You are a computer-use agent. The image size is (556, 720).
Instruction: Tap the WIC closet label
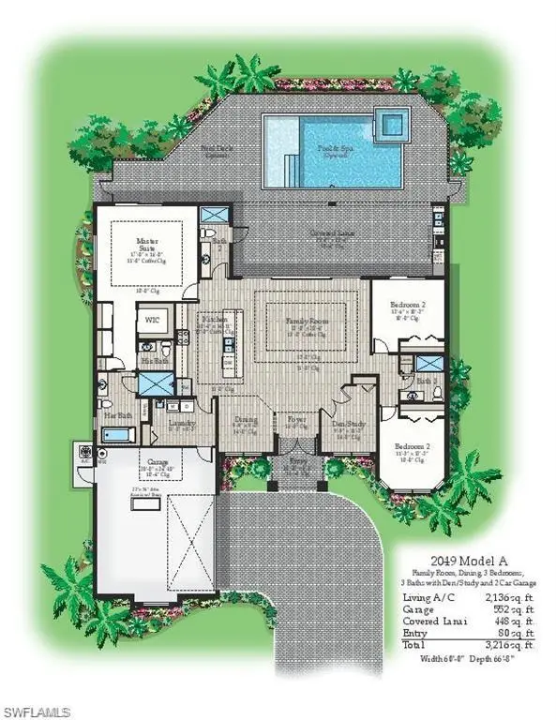click(x=151, y=321)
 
